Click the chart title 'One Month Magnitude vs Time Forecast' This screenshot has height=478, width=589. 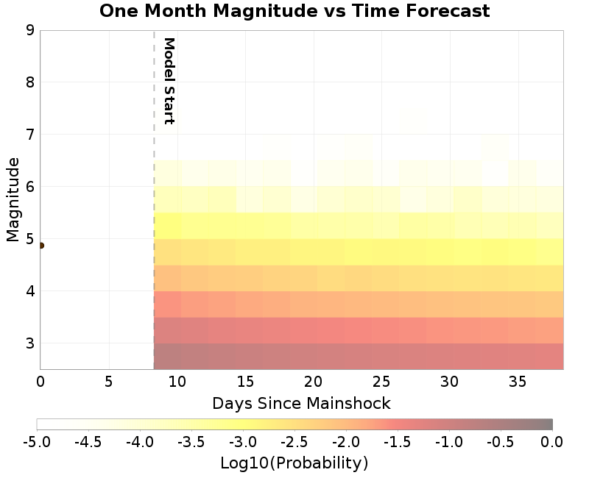click(294, 11)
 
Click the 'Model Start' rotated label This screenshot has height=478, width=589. click(169, 81)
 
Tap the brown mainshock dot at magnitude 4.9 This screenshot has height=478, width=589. click(40, 246)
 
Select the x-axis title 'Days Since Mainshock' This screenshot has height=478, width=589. click(301, 403)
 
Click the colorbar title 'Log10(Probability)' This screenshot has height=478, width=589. click(294, 463)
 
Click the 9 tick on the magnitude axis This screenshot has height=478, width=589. click(30, 30)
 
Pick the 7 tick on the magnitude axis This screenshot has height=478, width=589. click(30, 135)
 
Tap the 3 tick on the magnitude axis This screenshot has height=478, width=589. click(30, 343)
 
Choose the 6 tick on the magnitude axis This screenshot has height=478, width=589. click(30, 187)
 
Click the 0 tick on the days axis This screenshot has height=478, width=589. click(40, 382)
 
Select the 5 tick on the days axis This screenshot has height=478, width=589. click(109, 382)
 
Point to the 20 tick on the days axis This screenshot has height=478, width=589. click(314, 382)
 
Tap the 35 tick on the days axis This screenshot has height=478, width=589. click(518, 382)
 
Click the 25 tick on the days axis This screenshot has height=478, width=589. click(382, 382)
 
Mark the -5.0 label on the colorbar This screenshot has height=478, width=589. click(37, 442)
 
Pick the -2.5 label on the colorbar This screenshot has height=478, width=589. click(294, 442)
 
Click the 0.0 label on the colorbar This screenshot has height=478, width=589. click(552, 442)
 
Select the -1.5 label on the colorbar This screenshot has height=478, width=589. click(398, 442)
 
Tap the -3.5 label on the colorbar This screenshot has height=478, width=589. click(191, 442)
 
